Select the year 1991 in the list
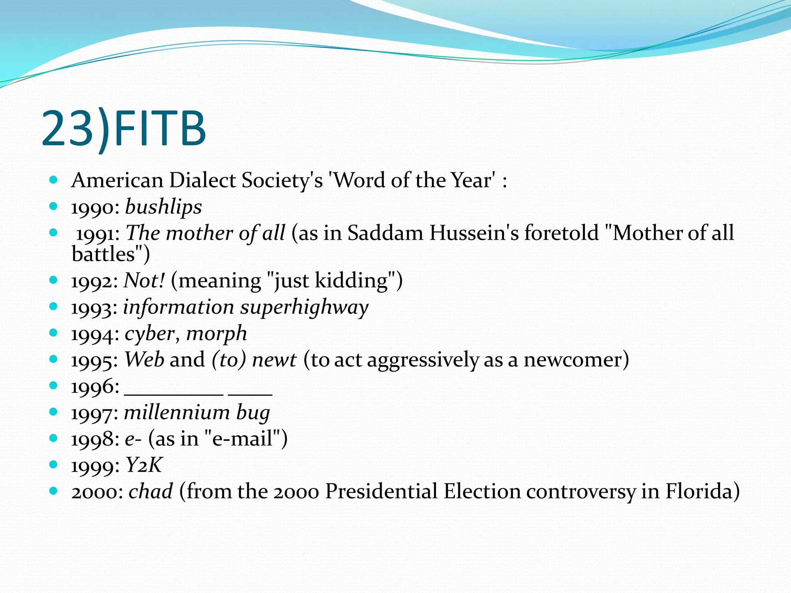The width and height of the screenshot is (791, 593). click(97, 234)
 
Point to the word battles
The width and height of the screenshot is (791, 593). click(104, 254)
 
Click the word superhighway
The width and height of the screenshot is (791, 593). click(304, 308)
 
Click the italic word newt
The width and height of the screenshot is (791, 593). click(274, 360)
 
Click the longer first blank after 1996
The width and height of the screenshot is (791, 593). click(174, 392)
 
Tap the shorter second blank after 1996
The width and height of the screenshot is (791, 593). click(250, 392)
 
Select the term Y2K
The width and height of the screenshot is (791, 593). click(144, 465)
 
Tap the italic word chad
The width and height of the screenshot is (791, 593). click(151, 491)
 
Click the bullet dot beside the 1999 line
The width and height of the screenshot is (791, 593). click(54, 464)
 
